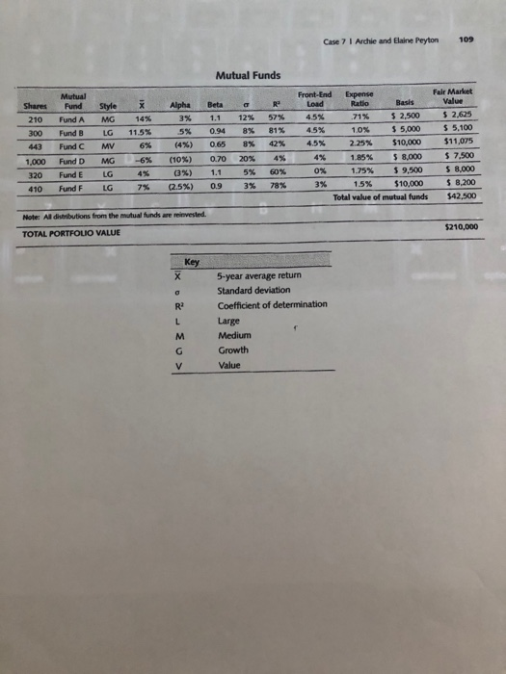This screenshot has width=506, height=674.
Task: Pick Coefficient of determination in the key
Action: tap(274, 305)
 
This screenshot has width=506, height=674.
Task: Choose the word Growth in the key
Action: tap(233, 351)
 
